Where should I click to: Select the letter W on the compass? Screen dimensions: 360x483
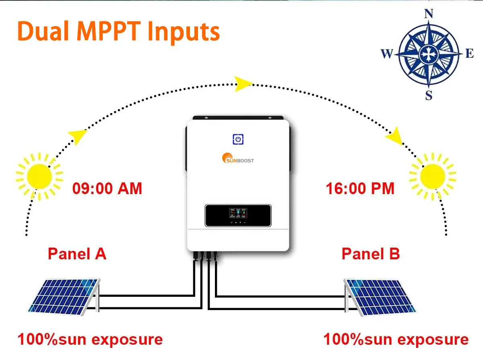tap(386, 54)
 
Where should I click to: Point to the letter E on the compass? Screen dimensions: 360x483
tap(469, 54)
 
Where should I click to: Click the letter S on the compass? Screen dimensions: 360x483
tap(429, 95)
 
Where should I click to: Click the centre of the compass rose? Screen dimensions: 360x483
tap(428, 54)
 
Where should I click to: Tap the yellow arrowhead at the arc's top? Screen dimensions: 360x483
tap(243, 83)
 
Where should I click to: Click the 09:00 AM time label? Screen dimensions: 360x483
tap(107, 188)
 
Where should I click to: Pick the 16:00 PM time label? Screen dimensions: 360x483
tap(360, 188)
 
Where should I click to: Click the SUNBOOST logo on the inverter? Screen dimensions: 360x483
tap(238, 159)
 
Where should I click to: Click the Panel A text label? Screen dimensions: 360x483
tap(77, 254)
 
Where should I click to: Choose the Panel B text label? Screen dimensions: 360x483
tap(371, 254)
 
